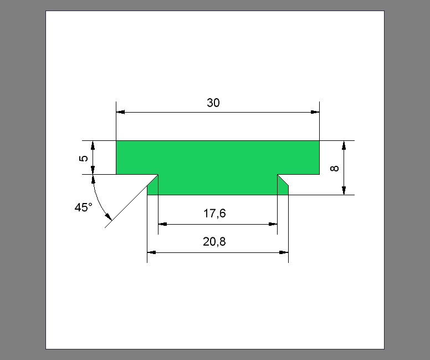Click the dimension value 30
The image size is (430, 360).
point(213,103)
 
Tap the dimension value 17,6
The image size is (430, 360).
point(214,214)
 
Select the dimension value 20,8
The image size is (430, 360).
point(214,242)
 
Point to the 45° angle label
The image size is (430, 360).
point(83,207)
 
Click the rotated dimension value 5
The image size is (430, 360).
point(84,159)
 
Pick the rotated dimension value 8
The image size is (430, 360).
point(335,168)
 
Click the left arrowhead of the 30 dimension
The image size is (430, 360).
point(120,112)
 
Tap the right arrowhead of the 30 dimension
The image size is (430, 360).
point(315,112)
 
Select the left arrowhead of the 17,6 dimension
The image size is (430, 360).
point(162,224)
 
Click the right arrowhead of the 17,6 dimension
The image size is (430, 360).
point(273,224)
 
